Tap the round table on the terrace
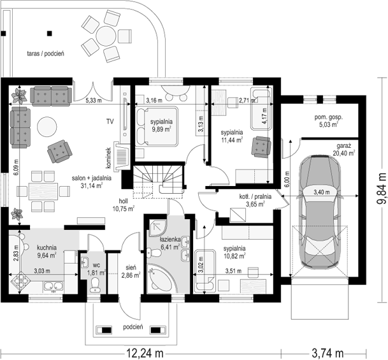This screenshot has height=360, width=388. point(106,36)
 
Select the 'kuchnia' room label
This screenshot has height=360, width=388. point(47,247)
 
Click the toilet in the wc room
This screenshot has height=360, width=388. point(95,285)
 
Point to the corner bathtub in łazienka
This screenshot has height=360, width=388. point(161,278)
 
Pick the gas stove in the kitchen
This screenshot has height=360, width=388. point(21,280)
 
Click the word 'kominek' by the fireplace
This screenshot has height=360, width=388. point(109,159)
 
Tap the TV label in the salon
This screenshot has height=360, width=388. point(110,121)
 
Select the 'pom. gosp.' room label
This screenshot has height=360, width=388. point(328,117)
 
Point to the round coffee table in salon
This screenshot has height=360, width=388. point(47,126)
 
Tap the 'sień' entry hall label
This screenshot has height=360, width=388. point(131,268)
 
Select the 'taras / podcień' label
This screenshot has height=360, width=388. point(45,54)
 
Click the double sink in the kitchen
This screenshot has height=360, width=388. point(54,286)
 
